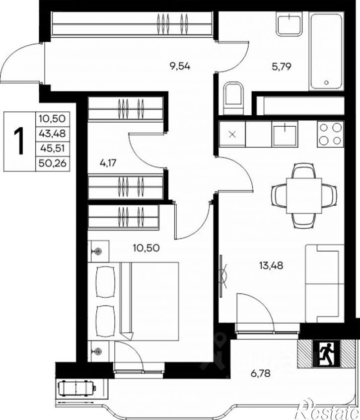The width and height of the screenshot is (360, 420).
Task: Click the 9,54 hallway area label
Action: [x=180, y=66]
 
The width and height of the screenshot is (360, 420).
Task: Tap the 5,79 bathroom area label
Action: [x=282, y=67]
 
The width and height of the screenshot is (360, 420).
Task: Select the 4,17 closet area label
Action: [x=108, y=163]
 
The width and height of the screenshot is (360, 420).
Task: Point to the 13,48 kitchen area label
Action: [x=271, y=265]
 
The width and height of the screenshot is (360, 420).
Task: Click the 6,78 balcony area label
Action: [x=260, y=373]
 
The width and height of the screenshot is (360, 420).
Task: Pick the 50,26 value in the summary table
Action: [x=53, y=163]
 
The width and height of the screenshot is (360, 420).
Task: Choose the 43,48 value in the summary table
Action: [x=53, y=133]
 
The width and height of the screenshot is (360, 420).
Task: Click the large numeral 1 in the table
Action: [x=19, y=141]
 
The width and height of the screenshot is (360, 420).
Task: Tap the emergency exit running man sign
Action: [x=326, y=353]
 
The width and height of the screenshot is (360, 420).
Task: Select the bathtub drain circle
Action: [x=326, y=83]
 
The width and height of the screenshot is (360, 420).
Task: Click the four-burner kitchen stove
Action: [x=330, y=134]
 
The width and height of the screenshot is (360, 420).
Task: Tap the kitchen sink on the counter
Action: [x=285, y=134]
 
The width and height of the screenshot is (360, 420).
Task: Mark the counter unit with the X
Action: [x=232, y=134]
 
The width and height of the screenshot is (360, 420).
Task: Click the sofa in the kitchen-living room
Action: [x=325, y=283]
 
